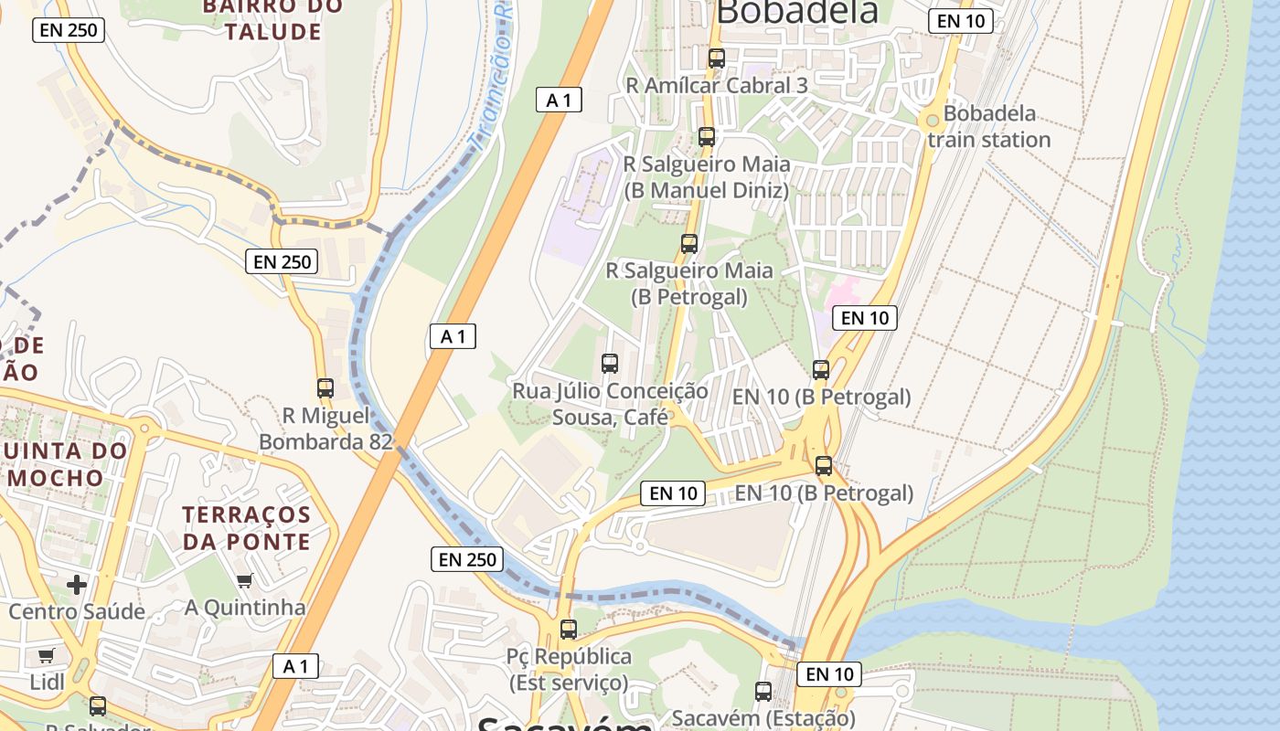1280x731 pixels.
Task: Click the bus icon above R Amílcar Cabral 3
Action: tap(717, 58)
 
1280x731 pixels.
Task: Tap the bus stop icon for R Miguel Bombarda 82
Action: tap(325, 387)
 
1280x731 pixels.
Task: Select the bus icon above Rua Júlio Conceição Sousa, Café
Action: tap(610, 363)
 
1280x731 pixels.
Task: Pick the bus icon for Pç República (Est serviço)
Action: tap(569, 629)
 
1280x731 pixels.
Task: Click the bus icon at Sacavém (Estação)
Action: tap(763, 692)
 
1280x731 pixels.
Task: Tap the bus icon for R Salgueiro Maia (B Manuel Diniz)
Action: tap(707, 137)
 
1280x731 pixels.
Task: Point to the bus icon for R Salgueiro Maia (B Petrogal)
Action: tap(689, 244)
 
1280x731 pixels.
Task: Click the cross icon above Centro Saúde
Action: tap(77, 584)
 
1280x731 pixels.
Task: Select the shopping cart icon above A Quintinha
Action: tap(244, 580)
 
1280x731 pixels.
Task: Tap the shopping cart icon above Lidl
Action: tap(46, 655)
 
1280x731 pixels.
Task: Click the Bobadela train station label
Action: tap(989, 127)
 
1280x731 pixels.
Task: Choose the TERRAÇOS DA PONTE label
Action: tap(246, 528)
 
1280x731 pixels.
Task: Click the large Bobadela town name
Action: tap(797, 13)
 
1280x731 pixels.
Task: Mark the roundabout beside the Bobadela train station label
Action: tap(932, 120)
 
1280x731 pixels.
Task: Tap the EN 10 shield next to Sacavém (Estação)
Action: tap(829, 674)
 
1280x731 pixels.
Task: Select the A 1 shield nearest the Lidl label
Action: tap(296, 666)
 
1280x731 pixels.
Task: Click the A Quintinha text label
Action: tap(245, 608)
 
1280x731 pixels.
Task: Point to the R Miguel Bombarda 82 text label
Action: tap(325, 429)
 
